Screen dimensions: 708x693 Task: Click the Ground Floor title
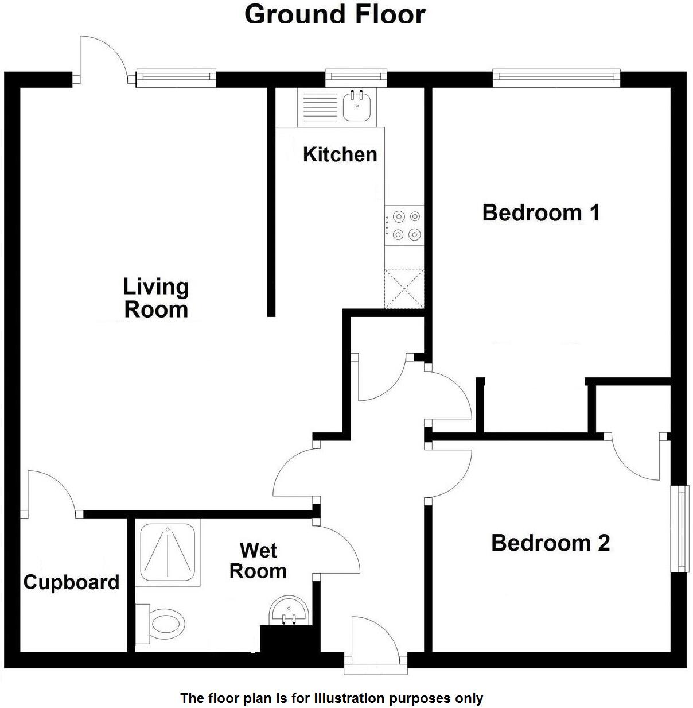pos(335,14)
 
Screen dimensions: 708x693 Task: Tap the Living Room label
pos(156,298)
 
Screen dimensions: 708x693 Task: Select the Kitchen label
pos(340,154)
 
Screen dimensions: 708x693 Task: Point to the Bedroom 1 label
pos(541,212)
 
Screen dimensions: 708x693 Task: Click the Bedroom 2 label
pos(550,543)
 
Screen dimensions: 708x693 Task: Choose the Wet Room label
pos(258,560)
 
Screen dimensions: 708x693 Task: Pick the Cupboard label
pos(72,582)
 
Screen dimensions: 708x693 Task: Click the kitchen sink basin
pos(357,107)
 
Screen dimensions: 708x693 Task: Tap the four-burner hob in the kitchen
pos(404,225)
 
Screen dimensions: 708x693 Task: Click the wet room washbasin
pos(290,611)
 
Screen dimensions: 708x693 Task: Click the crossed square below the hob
pos(404,289)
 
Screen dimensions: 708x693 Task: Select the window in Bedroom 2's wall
pos(682,528)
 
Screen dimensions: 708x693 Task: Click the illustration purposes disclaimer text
pos(332,698)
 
